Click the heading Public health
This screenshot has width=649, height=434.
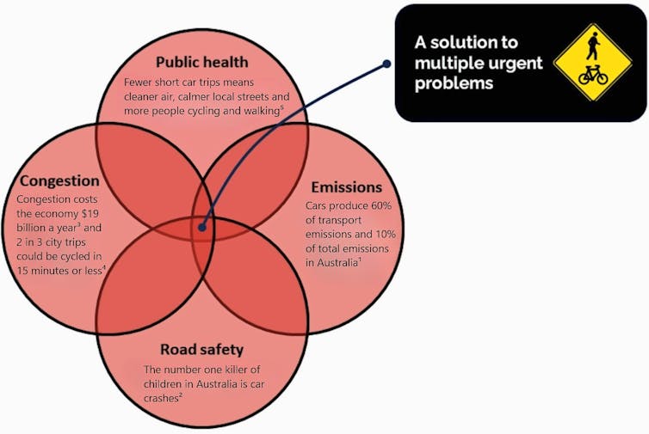click(201, 62)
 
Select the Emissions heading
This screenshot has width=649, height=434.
click(347, 186)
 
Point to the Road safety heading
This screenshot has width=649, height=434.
click(202, 350)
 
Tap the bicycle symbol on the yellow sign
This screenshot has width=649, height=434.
click(592, 76)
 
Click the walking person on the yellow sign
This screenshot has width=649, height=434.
click(592, 46)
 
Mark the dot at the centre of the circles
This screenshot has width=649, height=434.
click(201, 228)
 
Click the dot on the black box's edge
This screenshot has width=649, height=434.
click(387, 64)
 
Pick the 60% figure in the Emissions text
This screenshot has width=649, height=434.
click(374, 206)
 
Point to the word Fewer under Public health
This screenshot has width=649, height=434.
click(140, 83)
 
